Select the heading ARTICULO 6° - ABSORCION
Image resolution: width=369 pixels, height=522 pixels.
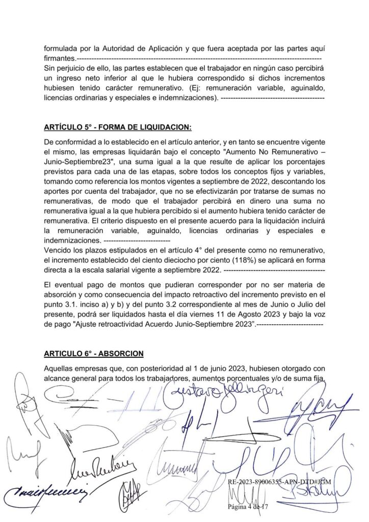[93, 353]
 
